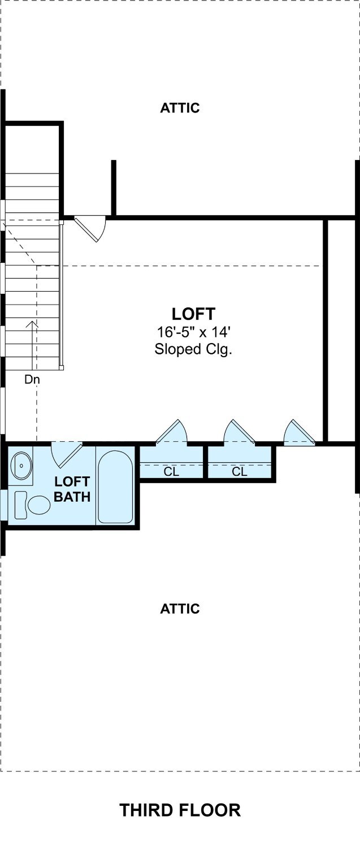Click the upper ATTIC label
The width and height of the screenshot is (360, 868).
click(x=180, y=108)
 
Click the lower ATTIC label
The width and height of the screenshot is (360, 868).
click(x=180, y=609)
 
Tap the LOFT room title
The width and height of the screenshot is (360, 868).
click(x=193, y=314)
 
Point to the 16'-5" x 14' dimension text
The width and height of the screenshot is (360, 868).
click(x=194, y=332)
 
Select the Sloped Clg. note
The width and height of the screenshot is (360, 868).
click(x=193, y=349)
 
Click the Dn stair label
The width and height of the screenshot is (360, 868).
click(x=32, y=379)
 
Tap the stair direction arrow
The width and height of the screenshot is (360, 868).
click(x=32, y=345)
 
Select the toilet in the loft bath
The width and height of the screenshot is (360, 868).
click(x=32, y=505)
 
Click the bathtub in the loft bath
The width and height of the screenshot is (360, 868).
click(x=115, y=487)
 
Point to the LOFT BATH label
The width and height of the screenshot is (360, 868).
click(x=72, y=489)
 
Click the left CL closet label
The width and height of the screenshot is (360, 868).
click(x=171, y=472)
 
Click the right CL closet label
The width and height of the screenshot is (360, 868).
click(x=240, y=472)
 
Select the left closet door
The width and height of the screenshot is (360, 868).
click(x=171, y=431)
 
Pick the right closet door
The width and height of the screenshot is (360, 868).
click(x=240, y=431)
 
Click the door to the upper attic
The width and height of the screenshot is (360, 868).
click(x=90, y=229)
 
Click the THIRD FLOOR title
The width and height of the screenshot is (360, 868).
click(x=180, y=810)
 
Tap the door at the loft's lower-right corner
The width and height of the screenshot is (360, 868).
click(x=300, y=431)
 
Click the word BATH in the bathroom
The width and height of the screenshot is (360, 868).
click(x=72, y=497)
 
